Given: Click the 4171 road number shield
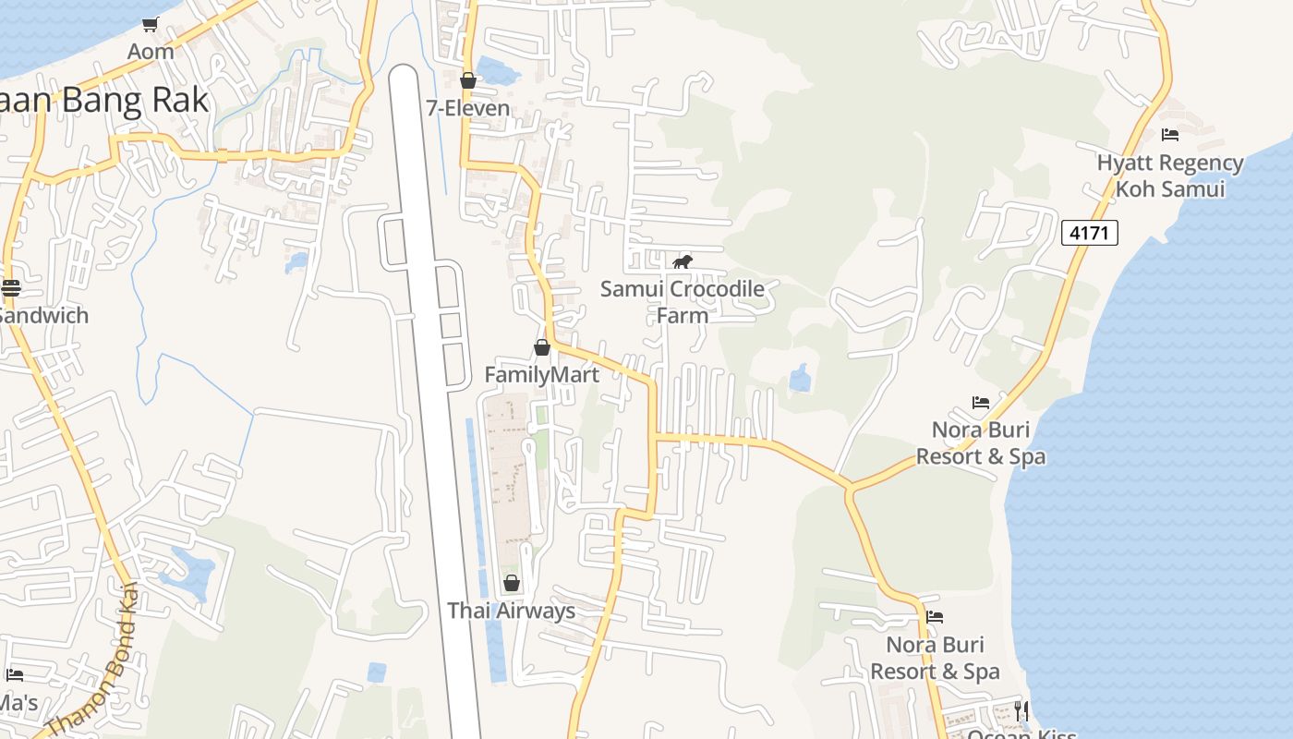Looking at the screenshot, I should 1089,233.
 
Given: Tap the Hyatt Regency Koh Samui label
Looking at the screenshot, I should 1170,176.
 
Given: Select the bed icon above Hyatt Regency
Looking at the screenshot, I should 1170,135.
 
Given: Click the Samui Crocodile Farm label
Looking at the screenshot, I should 683,302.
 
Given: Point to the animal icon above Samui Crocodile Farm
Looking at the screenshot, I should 683,262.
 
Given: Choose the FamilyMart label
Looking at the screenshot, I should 542,375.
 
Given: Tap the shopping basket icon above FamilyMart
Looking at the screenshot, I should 542,347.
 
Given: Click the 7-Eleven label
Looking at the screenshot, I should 468,108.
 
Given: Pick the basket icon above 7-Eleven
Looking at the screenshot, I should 468,80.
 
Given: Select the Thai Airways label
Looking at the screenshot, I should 512,611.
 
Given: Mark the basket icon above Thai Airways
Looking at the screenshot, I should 512,583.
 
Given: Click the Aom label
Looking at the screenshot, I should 151,52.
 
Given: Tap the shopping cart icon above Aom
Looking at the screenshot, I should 151,24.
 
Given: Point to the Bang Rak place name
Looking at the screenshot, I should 106,100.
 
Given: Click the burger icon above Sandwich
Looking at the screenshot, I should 11,287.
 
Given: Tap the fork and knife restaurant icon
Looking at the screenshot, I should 1021,709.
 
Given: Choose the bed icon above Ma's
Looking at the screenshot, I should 14,675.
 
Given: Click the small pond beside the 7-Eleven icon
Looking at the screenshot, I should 500,70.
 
